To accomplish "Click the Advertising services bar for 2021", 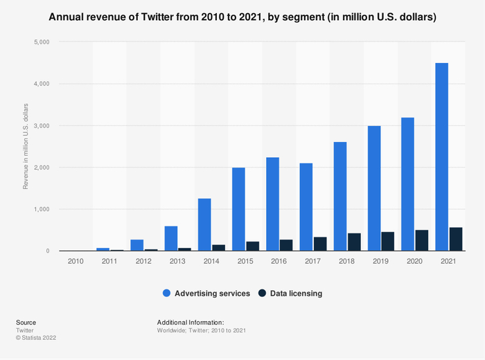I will [441, 157].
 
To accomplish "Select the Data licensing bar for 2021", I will [456, 239].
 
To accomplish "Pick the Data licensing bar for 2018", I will [354, 242].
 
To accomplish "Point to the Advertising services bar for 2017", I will [306, 207].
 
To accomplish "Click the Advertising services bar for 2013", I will [170, 238].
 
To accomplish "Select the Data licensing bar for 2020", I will [422, 240].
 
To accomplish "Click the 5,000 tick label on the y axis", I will [41, 42].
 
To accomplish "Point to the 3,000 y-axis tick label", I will [41, 126].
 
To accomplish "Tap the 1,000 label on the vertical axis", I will [41, 209].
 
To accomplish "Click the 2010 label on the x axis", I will [76, 262].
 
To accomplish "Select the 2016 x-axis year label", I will [280, 262].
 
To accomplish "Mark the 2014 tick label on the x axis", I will [212, 262].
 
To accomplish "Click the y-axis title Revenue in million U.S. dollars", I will [26, 146].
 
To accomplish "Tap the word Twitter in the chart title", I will [170, 17].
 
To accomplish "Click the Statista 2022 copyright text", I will [36, 338].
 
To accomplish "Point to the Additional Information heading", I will [191, 322].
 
